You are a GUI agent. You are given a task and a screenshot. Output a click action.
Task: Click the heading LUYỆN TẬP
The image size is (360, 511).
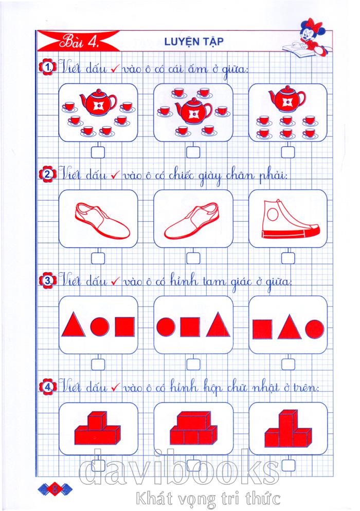pyautogui.click(x=194, y=42)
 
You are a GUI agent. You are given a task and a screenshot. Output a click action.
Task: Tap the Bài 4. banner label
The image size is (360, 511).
pyautogui.click(x=79, y=42)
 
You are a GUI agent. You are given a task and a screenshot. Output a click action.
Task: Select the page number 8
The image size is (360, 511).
pyautogui.click(x=55, y=488)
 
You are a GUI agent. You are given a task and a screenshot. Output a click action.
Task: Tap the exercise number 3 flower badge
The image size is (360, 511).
pyautogui.click(x=48, y=280)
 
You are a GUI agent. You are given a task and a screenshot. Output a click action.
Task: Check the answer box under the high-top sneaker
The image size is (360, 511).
pyautogui.click(x=288, y=258)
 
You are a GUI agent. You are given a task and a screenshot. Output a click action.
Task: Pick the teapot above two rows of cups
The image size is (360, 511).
pyautogui.click(x=287, y=99)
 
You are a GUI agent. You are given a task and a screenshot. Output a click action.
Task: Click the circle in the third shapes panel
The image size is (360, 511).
pyautogui.click(x=315, y=329)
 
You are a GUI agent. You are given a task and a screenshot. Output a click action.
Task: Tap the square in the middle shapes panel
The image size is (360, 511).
pyautogui.click(x=190, y=327)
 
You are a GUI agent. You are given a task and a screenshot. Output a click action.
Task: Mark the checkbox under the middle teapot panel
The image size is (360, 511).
pyautogui.click(x=193, y=152)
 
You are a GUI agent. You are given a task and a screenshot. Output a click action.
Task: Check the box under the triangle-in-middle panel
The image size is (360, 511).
pyautogui.click(x=288, y=364)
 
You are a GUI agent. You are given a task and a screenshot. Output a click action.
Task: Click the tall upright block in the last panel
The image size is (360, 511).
pyautogui.click(x=287, y=428)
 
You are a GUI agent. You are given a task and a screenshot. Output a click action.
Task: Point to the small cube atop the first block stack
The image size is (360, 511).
pyautogui.click(x=97, y=421)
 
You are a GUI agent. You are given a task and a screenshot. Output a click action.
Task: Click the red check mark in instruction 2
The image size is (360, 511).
pyautogui.click(x=116, y=175)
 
